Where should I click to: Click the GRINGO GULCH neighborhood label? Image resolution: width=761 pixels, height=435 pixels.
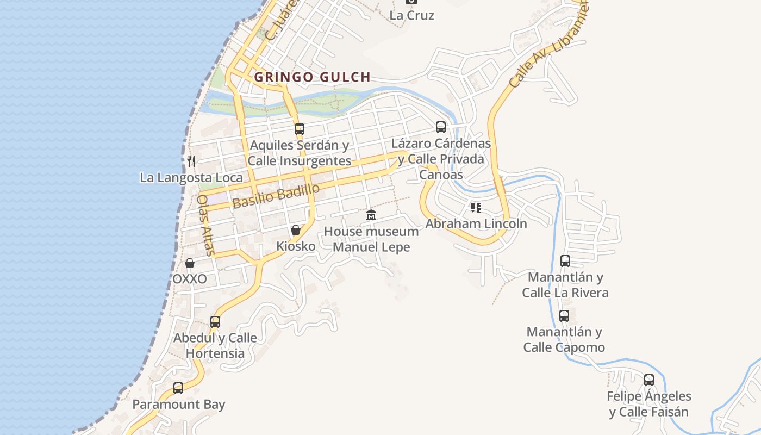312,77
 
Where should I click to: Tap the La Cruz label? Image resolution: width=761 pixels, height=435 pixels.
411,15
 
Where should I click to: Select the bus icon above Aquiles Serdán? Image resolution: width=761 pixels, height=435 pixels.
300,129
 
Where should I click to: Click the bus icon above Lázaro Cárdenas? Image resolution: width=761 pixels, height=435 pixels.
441,127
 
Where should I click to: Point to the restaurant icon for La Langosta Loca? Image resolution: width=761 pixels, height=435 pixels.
191,161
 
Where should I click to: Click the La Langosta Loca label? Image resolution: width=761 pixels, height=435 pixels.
191,178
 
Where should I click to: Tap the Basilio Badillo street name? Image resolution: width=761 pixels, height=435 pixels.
276,196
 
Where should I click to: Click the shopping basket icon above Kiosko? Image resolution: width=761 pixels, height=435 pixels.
296,230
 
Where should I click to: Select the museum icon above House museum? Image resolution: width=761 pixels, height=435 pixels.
371,215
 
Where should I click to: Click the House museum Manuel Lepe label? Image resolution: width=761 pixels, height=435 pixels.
371,239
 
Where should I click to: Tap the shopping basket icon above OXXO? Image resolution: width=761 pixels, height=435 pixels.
190,263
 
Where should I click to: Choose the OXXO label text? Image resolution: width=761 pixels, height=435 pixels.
190,279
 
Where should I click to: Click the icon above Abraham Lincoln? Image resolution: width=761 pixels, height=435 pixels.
476,207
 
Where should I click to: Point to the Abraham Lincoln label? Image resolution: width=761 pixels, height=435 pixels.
476,223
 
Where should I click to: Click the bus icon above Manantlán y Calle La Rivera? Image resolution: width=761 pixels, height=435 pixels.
565,261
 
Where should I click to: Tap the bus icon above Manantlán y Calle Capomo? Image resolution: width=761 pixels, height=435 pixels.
564,316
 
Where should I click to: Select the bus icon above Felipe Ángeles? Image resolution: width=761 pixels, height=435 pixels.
649,380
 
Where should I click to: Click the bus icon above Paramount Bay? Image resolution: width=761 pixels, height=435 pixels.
178,388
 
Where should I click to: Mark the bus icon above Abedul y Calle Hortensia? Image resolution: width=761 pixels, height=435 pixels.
215,322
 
